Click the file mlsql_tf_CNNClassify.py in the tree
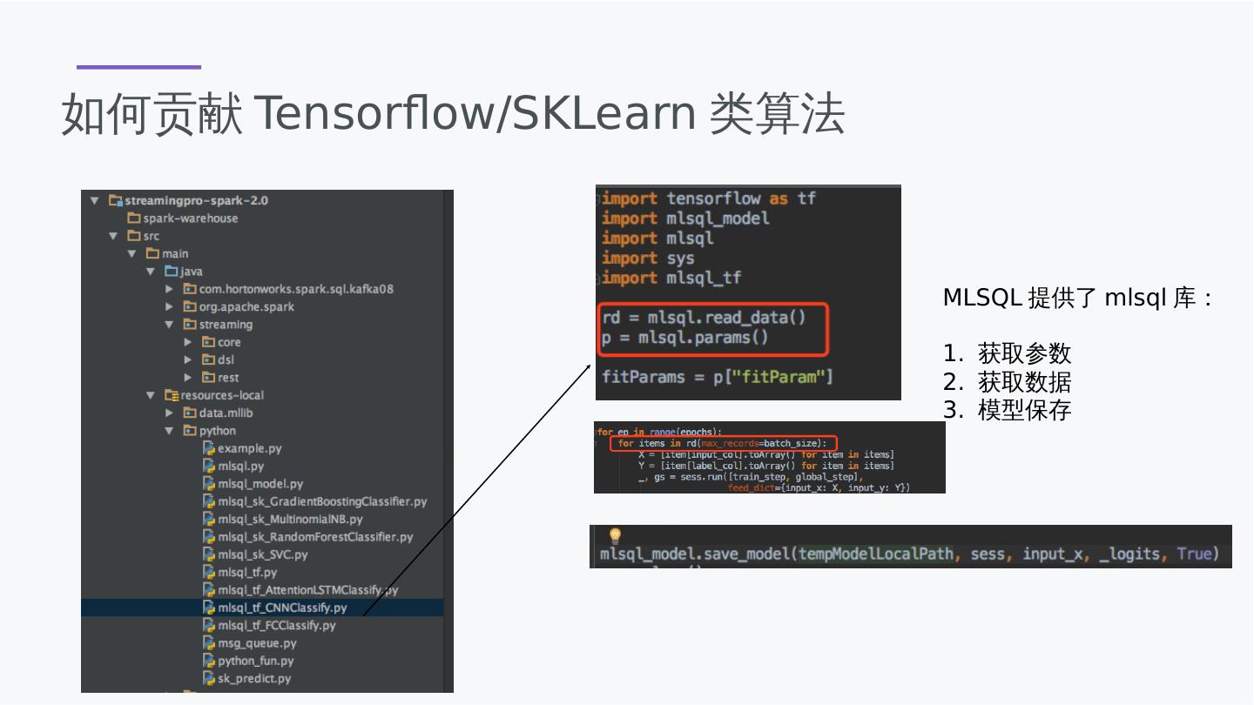(281, 608)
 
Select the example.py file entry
(249, 448)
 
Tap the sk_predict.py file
(253, 678)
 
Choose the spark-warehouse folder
(190, 218)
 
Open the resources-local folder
(221, 395)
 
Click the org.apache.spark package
(246, 306)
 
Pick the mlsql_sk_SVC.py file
(262, 554)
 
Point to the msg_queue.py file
(256, 643)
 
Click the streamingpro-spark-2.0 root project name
(196, 200)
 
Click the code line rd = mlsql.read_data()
(704, 318)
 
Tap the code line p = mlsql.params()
(684, 338)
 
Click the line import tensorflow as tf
(708, 198)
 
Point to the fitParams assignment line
(717, 377)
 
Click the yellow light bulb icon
(615, 535)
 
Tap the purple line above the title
(138, 67)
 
